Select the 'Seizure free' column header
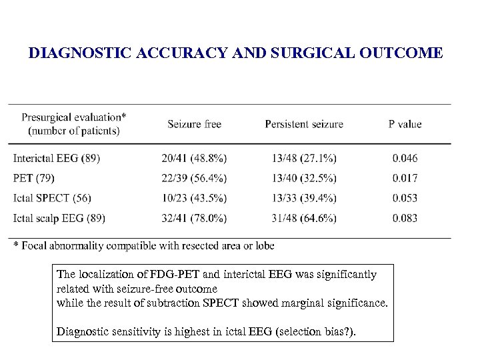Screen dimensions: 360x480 194,124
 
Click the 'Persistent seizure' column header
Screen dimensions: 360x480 304,124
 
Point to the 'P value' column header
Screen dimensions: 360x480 405,124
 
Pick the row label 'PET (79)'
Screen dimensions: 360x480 35,178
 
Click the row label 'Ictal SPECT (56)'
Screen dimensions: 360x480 52,198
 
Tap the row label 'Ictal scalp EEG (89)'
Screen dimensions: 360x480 59,218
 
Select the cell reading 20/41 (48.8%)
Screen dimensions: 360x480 194,158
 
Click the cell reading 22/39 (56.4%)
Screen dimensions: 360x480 194,178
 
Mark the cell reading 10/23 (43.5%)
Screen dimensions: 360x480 194,198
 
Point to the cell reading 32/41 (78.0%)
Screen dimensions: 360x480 194,218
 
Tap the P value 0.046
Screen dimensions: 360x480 405,158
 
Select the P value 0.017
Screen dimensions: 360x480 405,178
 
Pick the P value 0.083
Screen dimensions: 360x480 405,218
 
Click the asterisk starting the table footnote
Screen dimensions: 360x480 16,245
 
